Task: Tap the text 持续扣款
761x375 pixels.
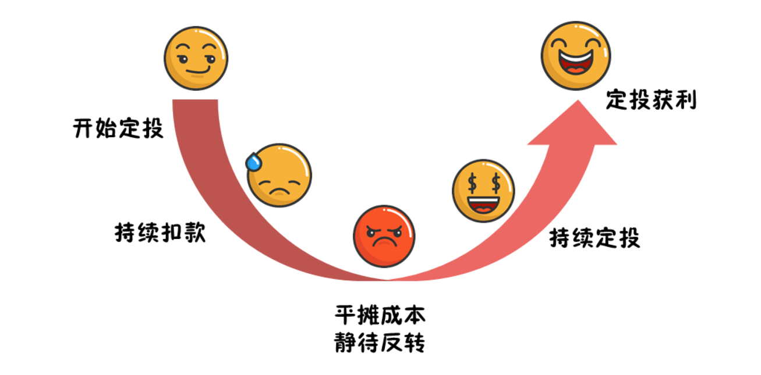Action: [x=160, y=232]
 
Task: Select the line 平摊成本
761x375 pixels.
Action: [x=380, y=316]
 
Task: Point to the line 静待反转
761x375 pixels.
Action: [x=380, y=342]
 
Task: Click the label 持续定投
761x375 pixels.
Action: [x=594, y=238]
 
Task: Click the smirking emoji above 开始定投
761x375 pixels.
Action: [x=196, y=58]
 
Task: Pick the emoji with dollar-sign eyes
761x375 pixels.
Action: [x=483, y=190]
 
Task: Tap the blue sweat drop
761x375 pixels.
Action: [x=253, y=162]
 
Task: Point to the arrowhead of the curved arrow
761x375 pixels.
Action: [x=574, y=125]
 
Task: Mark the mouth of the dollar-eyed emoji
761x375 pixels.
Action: [x=484, y=204]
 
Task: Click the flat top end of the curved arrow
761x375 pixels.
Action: [x=196, y=101]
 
